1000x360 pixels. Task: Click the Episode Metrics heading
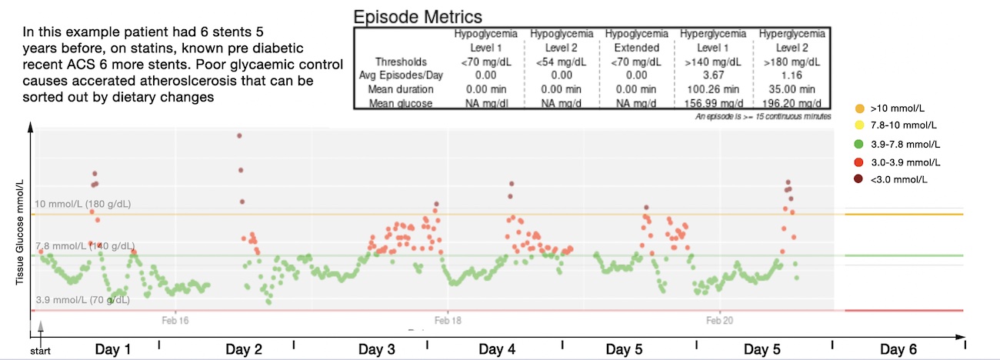(x=417, y=16)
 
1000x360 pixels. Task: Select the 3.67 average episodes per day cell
(x=713, y=75)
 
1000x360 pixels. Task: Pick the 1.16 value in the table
(x=792, y=75)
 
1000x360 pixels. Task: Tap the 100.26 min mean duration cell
(x=713, y=89)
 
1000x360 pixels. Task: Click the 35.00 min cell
(x=792, y=89)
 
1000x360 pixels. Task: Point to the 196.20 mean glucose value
(x=792, y=103)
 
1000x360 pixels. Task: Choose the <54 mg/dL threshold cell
(x=561, y=62)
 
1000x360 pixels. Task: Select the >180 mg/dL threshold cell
(x=792, y=62)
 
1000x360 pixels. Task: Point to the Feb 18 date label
(x=448, y=319)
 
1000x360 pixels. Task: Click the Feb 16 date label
(x=175, y=319)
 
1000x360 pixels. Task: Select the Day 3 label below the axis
(x=377, y=350)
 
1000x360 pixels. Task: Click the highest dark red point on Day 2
(x=239, y=135)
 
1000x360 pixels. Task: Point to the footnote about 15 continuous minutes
(x=762, y=116)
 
